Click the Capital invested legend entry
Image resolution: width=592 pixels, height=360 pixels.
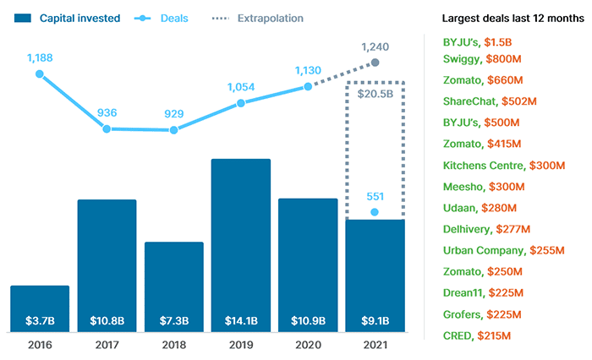[68, 18]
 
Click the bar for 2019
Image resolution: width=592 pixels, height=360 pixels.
[240, 245]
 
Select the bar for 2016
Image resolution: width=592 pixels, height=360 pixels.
[40, 308]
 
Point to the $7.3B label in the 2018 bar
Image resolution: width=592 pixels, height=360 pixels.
[173, 321]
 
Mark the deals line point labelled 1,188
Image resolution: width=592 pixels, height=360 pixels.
[40, 74]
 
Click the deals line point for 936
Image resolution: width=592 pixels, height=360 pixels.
[107, 128]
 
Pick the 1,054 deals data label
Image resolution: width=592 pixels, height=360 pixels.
[240, 85]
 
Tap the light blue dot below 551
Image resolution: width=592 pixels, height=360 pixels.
[375, 212]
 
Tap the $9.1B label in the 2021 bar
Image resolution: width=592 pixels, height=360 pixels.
[375, 321]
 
